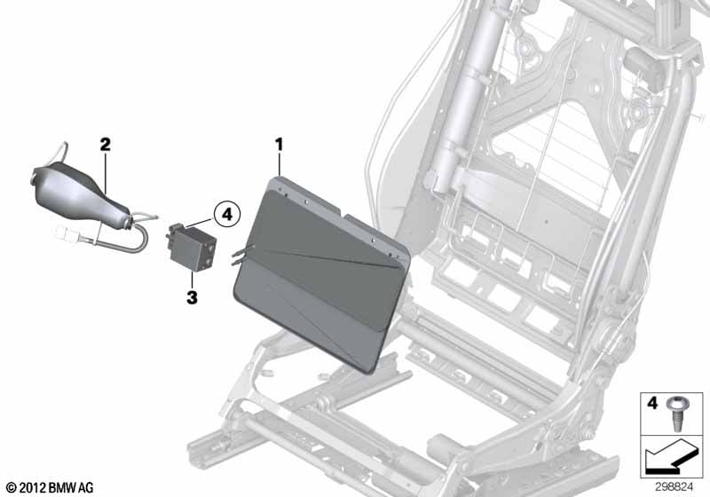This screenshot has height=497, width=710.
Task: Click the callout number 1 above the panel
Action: [x=279, y=145]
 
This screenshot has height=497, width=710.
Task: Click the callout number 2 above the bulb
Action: [x=105, y=145]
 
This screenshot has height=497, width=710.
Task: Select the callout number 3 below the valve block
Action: [x=192, y=297]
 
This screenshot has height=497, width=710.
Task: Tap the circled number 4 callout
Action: [x=227, y=214]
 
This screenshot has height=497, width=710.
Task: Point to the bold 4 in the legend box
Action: [x=652, y=403]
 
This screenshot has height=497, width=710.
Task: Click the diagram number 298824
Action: [x=674, y=487]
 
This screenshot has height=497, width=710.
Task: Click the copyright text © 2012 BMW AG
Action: [x=51, y=487]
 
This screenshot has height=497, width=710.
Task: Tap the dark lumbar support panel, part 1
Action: [x=321, y=274]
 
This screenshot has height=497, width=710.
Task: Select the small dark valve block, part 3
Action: [x=193, y=248]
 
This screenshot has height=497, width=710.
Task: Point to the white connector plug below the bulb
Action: [x=68, y=234]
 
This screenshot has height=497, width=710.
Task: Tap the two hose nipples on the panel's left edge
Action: [x=241, y=255]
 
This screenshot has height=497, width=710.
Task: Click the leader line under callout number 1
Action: [x=280, y=164]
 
